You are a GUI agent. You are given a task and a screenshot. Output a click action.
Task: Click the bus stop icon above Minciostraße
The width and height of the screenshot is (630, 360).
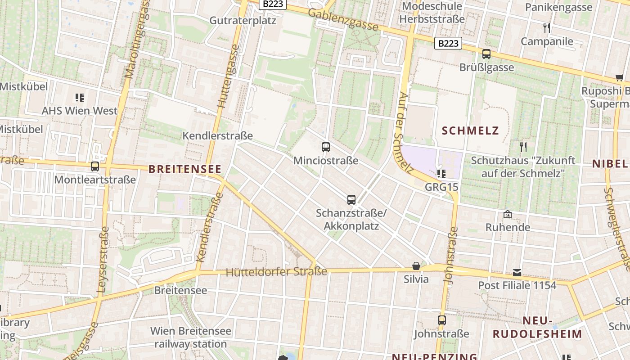326,147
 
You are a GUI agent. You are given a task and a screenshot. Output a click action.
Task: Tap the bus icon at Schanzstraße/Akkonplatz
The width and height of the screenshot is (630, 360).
351,199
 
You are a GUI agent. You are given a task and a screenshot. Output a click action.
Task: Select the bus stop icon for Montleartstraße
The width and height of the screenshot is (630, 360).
95,166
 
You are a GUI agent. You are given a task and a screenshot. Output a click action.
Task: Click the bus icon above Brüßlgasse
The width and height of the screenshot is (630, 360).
486,54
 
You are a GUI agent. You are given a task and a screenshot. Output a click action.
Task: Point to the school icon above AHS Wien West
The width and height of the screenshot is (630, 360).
80,97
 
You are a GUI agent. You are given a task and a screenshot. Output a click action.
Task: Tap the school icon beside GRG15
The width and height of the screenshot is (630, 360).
441,173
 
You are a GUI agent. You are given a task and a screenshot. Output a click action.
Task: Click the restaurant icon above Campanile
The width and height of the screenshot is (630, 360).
547,28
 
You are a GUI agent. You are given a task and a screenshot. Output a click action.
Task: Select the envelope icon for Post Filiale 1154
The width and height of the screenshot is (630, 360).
517,272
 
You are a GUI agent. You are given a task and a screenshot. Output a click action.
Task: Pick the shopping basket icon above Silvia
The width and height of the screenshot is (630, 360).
416,266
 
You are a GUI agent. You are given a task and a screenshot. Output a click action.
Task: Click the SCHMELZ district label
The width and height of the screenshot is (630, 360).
471,131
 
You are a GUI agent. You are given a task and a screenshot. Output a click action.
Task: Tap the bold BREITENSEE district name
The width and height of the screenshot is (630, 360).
185,169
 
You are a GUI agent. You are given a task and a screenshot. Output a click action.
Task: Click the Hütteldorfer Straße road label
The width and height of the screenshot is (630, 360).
276,272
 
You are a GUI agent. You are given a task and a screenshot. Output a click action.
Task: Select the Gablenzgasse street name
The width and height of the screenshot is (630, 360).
343,20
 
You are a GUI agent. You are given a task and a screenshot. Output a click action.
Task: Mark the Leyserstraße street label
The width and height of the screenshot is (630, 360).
103,259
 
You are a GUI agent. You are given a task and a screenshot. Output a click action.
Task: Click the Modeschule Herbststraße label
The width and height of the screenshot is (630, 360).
432,13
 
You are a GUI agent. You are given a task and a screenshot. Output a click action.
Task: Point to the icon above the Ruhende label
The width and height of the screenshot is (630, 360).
508,214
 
